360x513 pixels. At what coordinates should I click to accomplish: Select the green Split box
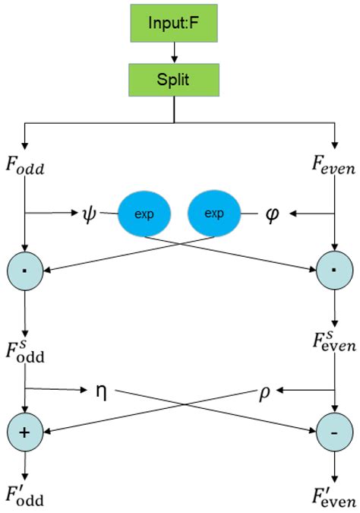(x=175, y=80)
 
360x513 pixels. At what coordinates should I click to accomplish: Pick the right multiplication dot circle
(x=333, y=270)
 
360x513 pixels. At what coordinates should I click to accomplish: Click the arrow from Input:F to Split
(x=175, y=53)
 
